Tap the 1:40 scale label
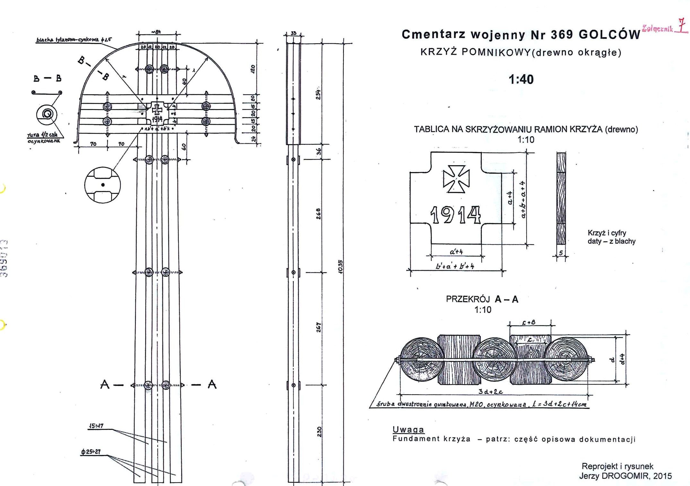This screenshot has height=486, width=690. (x=521, y=79)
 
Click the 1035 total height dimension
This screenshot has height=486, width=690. (x=341, y=266)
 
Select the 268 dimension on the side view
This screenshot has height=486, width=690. (x=318, y=214)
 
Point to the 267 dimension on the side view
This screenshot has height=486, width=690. (x=318, y=327)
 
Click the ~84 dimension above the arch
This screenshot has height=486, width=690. (x=156, y=32)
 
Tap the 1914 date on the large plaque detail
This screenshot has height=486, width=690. (x=455, y=215)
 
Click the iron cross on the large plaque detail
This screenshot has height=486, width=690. (x=456, y=179)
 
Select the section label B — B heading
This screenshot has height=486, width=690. (x=47, y=78)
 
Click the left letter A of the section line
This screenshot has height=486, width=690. (x=105, y=384)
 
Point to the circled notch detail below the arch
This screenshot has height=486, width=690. (x=103, y=185)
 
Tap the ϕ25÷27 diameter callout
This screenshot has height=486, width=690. (x=91, y=452)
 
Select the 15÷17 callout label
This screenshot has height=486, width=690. (x=96, y=426)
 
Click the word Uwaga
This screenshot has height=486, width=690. (x=408, y=429)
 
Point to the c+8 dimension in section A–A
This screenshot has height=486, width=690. (x=529, y=322)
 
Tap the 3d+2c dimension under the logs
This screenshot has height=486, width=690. (x=490, y=391)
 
